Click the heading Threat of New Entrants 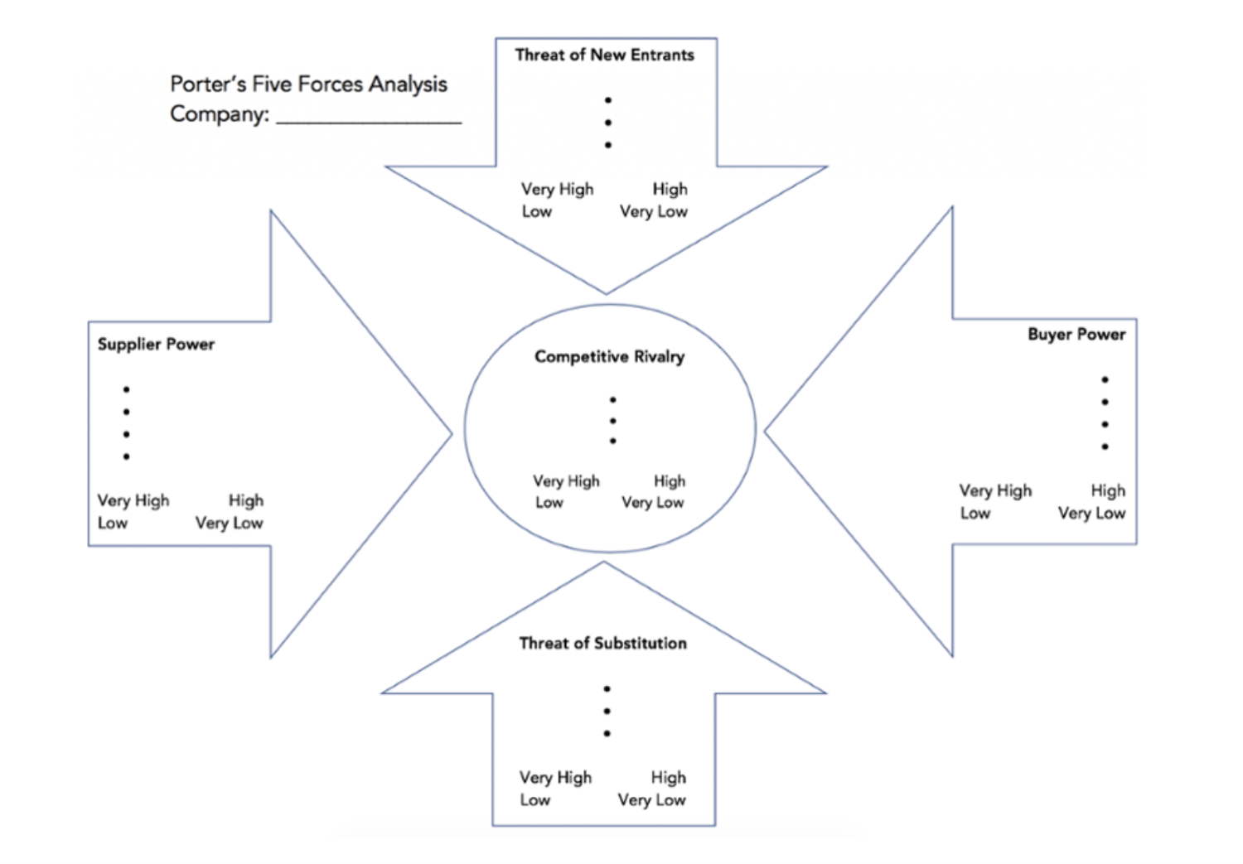[x=604, y=56]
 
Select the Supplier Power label [x=156, y=345]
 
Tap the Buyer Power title [x=1076, y=335]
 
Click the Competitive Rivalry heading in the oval [x=609, y=357]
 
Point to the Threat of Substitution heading [x=602, y=644]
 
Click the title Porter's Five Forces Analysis [x=308, y=84]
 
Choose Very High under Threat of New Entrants [x=557, y=190]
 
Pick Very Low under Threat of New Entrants [x=653, y=212]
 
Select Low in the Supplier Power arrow [x=113, y=524]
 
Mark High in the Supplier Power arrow [x=246, y=501]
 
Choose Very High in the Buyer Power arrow [x=995, y=491]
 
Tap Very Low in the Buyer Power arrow [x=1091, y=514]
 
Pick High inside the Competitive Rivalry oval [x=670, y=481]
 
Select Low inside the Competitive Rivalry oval [x=549, y=503]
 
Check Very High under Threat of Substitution [x=555, y=778]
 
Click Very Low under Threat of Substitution [x=651, y=800]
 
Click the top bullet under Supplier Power [x=126, y=389]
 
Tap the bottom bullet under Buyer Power [x=1105, y=446]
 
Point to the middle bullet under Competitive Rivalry [x=612, y=421]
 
